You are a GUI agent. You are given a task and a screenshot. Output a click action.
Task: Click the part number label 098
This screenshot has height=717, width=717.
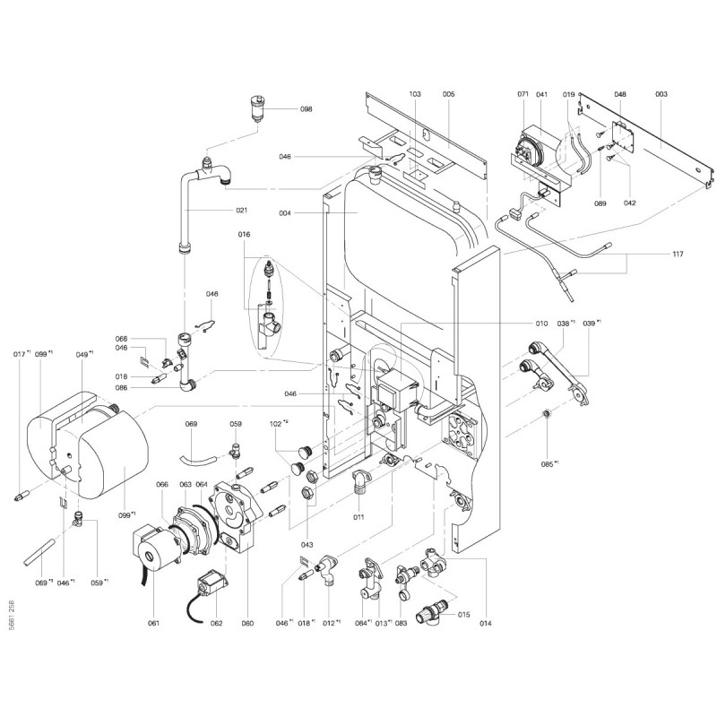coord(307,109)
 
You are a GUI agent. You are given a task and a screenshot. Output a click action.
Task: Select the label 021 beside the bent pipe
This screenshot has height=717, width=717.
coord(242,211)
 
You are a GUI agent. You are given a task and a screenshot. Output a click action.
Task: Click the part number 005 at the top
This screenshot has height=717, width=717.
coord(448,94)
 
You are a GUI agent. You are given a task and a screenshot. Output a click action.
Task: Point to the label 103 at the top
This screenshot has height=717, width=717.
coord(414,94)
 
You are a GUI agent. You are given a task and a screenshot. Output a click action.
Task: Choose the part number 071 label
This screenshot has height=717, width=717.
coord(524,94)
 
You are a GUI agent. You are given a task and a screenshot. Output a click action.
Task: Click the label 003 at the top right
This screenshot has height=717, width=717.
coord(661,94)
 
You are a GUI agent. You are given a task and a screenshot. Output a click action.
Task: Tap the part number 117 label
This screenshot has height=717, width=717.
coord(678,255)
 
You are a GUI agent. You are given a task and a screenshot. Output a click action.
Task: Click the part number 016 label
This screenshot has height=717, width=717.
coord(244,234)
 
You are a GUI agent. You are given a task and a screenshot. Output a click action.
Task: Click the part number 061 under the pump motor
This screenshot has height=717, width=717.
coord(153,623)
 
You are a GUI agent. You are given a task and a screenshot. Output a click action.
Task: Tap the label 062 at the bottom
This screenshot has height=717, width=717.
coord(216,623)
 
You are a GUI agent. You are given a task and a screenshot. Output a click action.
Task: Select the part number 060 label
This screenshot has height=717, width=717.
coord(248,623)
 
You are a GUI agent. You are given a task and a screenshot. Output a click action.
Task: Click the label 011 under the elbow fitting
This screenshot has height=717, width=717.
coord(358,516)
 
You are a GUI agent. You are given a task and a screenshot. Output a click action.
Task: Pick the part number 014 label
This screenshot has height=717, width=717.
coord(487,623)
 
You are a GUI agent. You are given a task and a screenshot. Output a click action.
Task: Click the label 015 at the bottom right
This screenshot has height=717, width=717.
coord(464,614)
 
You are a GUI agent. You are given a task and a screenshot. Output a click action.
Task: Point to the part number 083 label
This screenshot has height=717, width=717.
coord(401,623)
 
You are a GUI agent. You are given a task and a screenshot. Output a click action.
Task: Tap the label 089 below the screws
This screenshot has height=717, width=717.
coord(600,204)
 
